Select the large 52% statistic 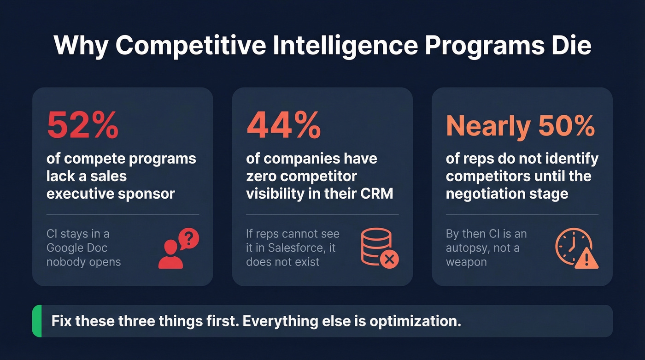pos(82,125)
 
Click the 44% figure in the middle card pos(283,125)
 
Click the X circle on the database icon pos(389,260)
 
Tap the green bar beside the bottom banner pos(36,321)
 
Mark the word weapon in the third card pos(466,262)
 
